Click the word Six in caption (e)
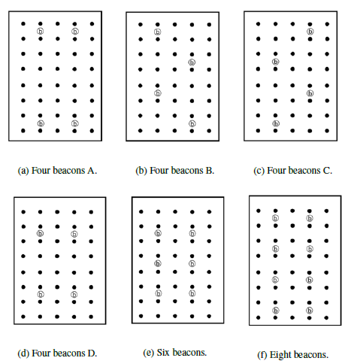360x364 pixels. click(x=163, y=352)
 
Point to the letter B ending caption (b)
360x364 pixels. click(x=210, y=171)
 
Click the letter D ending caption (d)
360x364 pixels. click(x=92, y=353)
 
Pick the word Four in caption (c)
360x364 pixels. click(x=277, y=171)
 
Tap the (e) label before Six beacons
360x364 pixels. click(x=148, y=353)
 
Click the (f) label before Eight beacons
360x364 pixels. click(x=262, y=355)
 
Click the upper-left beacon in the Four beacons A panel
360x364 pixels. click(x=40, y=31)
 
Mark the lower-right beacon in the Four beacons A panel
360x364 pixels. click(x=74, y=123)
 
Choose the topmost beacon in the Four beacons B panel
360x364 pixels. click(x=158, y=32)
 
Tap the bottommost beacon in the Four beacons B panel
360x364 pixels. click(x=192, y=123)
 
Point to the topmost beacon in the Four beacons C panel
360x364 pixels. click(x=310, y=32)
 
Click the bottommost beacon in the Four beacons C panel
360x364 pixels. click(x=276, y=123)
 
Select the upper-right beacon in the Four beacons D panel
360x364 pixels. click(x=74, y=234)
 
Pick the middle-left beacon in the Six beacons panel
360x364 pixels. click(x=158, y=263)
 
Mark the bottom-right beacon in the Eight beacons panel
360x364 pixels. click(x=310, y=311)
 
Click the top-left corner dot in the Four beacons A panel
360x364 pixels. click(x=23, y=24)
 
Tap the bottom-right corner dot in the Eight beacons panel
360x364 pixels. click(x=326, y=317)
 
